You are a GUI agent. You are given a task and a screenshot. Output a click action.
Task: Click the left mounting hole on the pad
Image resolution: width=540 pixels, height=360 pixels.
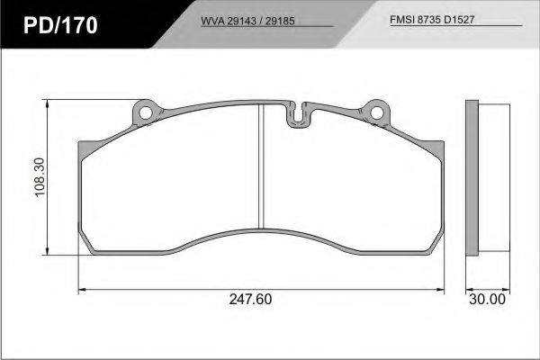(144, 113)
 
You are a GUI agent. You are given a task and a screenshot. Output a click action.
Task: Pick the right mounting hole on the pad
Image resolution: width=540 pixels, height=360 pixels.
(379, 113)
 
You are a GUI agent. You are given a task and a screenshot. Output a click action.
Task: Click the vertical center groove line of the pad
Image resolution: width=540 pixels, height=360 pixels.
(260, 166)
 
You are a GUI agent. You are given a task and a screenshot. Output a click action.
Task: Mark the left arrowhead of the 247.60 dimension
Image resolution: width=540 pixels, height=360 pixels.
(84, 290)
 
